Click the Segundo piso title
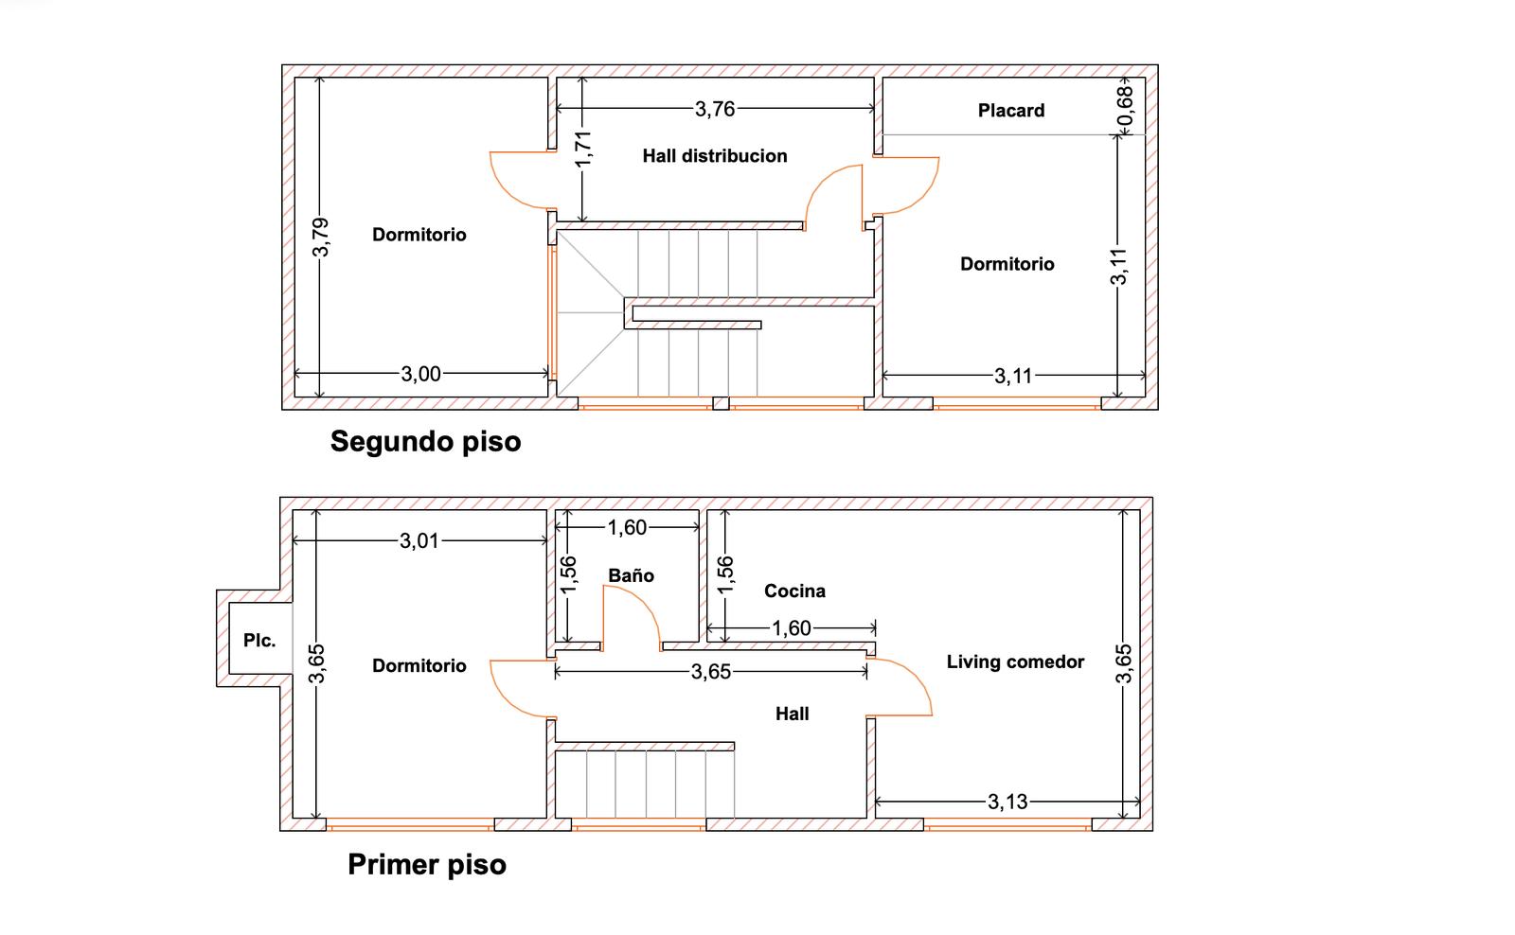click(x=425, y=441)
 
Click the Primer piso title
click(x=427, y=865)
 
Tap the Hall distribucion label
click(x=715, y=156)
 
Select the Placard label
click(x=1011, y=110)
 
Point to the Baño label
click(x=631, y=575)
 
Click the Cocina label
click(x=794, y=591)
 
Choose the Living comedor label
click(x=1015, y=662)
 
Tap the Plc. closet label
click(x=259, y=641)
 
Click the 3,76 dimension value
click(x=715, y=109)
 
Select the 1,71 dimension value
click(x=583, y=149)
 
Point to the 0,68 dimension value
click(x=1124, y=106)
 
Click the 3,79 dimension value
click(x=321, y=238)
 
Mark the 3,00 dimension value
click(x=420, y=374)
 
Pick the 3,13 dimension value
click(x=1007, y=802)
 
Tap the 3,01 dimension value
click(x=419, y=541)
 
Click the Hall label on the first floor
click(x=792, y=714)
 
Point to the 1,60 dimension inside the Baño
click(x=627, y=527)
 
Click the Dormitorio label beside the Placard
click(x=1007, y=264)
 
